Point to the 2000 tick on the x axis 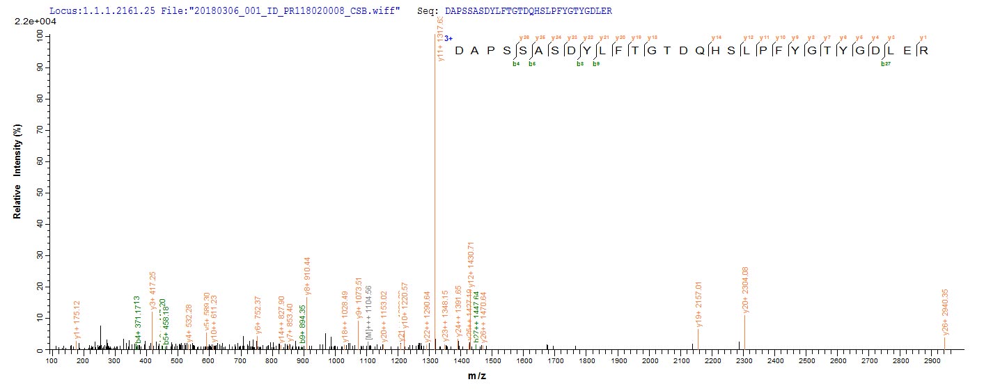650,360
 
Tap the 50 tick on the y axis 41,193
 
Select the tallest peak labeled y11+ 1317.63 435,195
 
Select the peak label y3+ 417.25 153,289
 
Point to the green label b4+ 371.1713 138,317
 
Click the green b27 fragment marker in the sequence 885,64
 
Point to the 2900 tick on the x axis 932,360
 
